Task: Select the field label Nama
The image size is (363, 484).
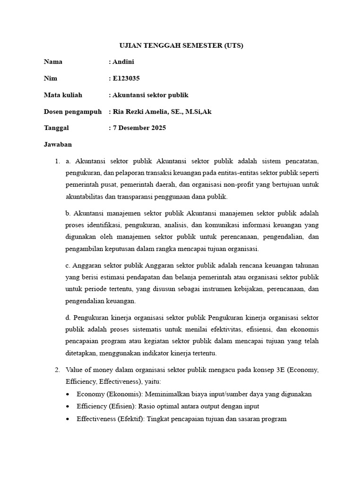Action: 53,62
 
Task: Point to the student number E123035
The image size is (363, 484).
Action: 126,78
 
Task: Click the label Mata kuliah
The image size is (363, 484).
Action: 63,95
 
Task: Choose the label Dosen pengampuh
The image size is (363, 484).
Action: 73,112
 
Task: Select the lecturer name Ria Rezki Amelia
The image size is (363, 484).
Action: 141,112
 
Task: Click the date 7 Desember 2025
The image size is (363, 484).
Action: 139,128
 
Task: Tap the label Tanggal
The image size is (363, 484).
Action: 56,128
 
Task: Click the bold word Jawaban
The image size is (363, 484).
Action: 58,145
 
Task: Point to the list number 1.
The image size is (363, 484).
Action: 57,162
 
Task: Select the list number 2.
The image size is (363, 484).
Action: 57,370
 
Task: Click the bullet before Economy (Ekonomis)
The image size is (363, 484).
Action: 69,394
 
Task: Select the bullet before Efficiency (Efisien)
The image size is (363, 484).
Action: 69,406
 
